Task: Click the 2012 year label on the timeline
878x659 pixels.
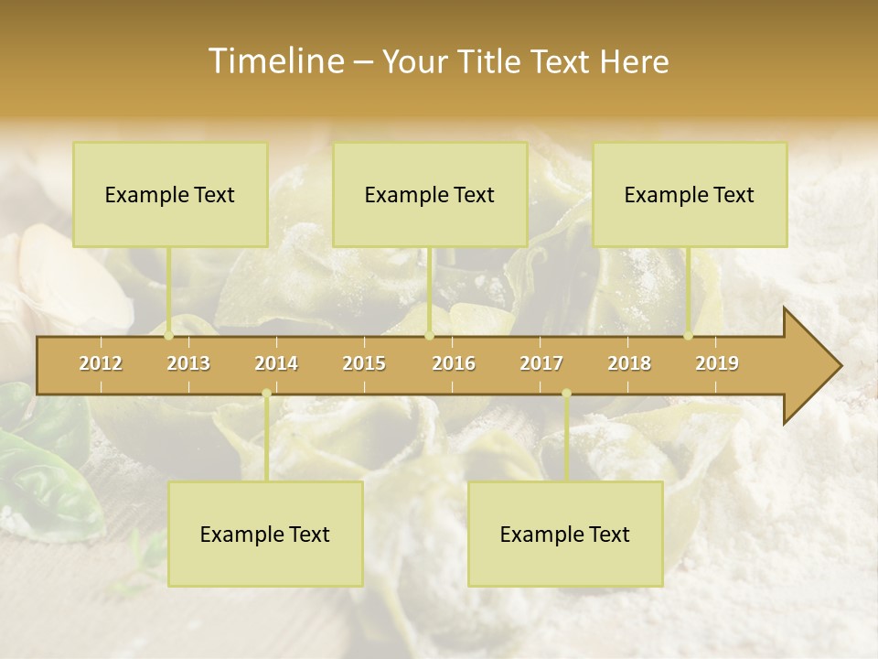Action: coord(101,363)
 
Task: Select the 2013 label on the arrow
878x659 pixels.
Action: coord(188,363)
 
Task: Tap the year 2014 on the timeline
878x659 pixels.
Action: coord(276,363)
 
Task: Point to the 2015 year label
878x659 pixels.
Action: coord(364,363)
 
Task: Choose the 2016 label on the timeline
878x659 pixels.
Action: coord(454,363)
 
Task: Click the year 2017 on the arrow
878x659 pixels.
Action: coord(541,363)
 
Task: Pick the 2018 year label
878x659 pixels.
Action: coord(629,363)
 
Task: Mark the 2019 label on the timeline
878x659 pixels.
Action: coord(717,363)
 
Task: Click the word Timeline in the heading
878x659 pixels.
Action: coord(274,61)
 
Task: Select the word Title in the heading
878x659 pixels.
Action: coord(492,61)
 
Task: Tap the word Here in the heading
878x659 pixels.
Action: coord(635,61)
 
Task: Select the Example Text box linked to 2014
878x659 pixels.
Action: coord(265,534)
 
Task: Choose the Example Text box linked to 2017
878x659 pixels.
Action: coord(565,534)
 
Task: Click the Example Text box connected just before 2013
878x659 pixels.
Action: coord(170,194)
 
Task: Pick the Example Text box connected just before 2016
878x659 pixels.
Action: coord(430,194)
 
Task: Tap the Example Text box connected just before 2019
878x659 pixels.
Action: coord(690,194)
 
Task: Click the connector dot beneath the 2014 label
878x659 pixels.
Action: coord(266,394)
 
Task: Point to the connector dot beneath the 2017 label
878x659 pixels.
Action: coord(566,394)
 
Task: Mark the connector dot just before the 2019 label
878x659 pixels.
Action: coord(689,336)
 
